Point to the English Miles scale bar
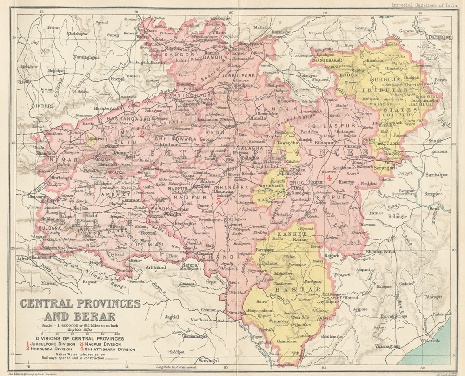[x=79, y=334]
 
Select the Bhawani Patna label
[x=379, y=252]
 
